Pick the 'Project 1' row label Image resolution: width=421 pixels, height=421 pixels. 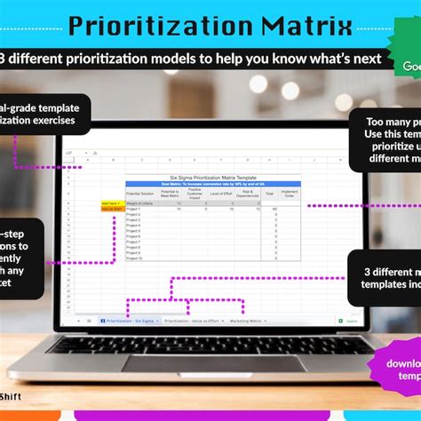pyautogui.click(x=133, y=210)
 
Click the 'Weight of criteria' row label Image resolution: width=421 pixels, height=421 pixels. pyautogui.click(x=139, y=203)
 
